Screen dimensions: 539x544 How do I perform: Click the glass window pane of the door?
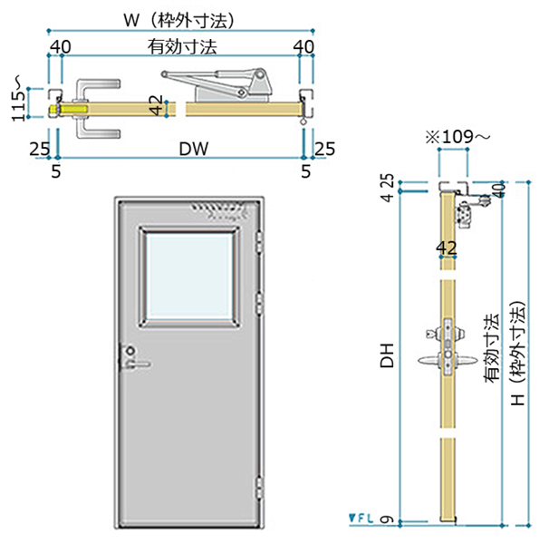click(189, 277)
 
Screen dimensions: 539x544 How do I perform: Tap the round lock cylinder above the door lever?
click(130, 351)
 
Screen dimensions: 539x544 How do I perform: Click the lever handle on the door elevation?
click(138, 364)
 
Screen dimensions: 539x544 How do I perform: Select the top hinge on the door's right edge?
click(259, 242)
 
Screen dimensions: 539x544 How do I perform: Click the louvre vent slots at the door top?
click(219, 211)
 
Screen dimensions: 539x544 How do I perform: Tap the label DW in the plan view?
click(194, 149)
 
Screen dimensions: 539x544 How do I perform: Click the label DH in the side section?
click(388, 355)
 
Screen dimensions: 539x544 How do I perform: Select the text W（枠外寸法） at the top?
click(179, 20)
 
